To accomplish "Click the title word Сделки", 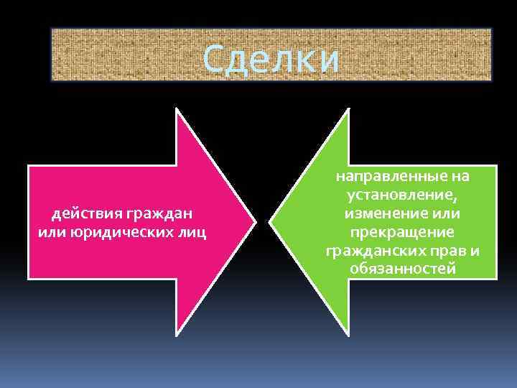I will [271, 59].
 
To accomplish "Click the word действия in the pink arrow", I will [85, 213].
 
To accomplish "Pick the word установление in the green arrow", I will [401, 195].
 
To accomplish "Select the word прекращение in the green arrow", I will [402, 231].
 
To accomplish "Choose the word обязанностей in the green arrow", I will [402, 269].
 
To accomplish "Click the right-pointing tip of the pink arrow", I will [254, 221].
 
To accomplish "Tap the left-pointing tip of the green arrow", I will [271, 221].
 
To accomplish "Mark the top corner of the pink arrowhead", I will [177, 109].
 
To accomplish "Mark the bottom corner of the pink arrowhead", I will [177, 333].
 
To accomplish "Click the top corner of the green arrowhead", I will [348, 109].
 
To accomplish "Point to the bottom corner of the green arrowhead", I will [348, 333].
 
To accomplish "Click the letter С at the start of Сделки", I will [213, 59].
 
